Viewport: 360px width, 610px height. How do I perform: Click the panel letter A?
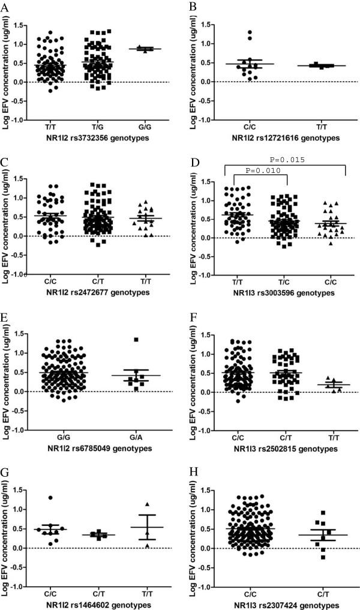coord(5,7)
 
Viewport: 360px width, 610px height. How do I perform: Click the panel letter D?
coord(192,161)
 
